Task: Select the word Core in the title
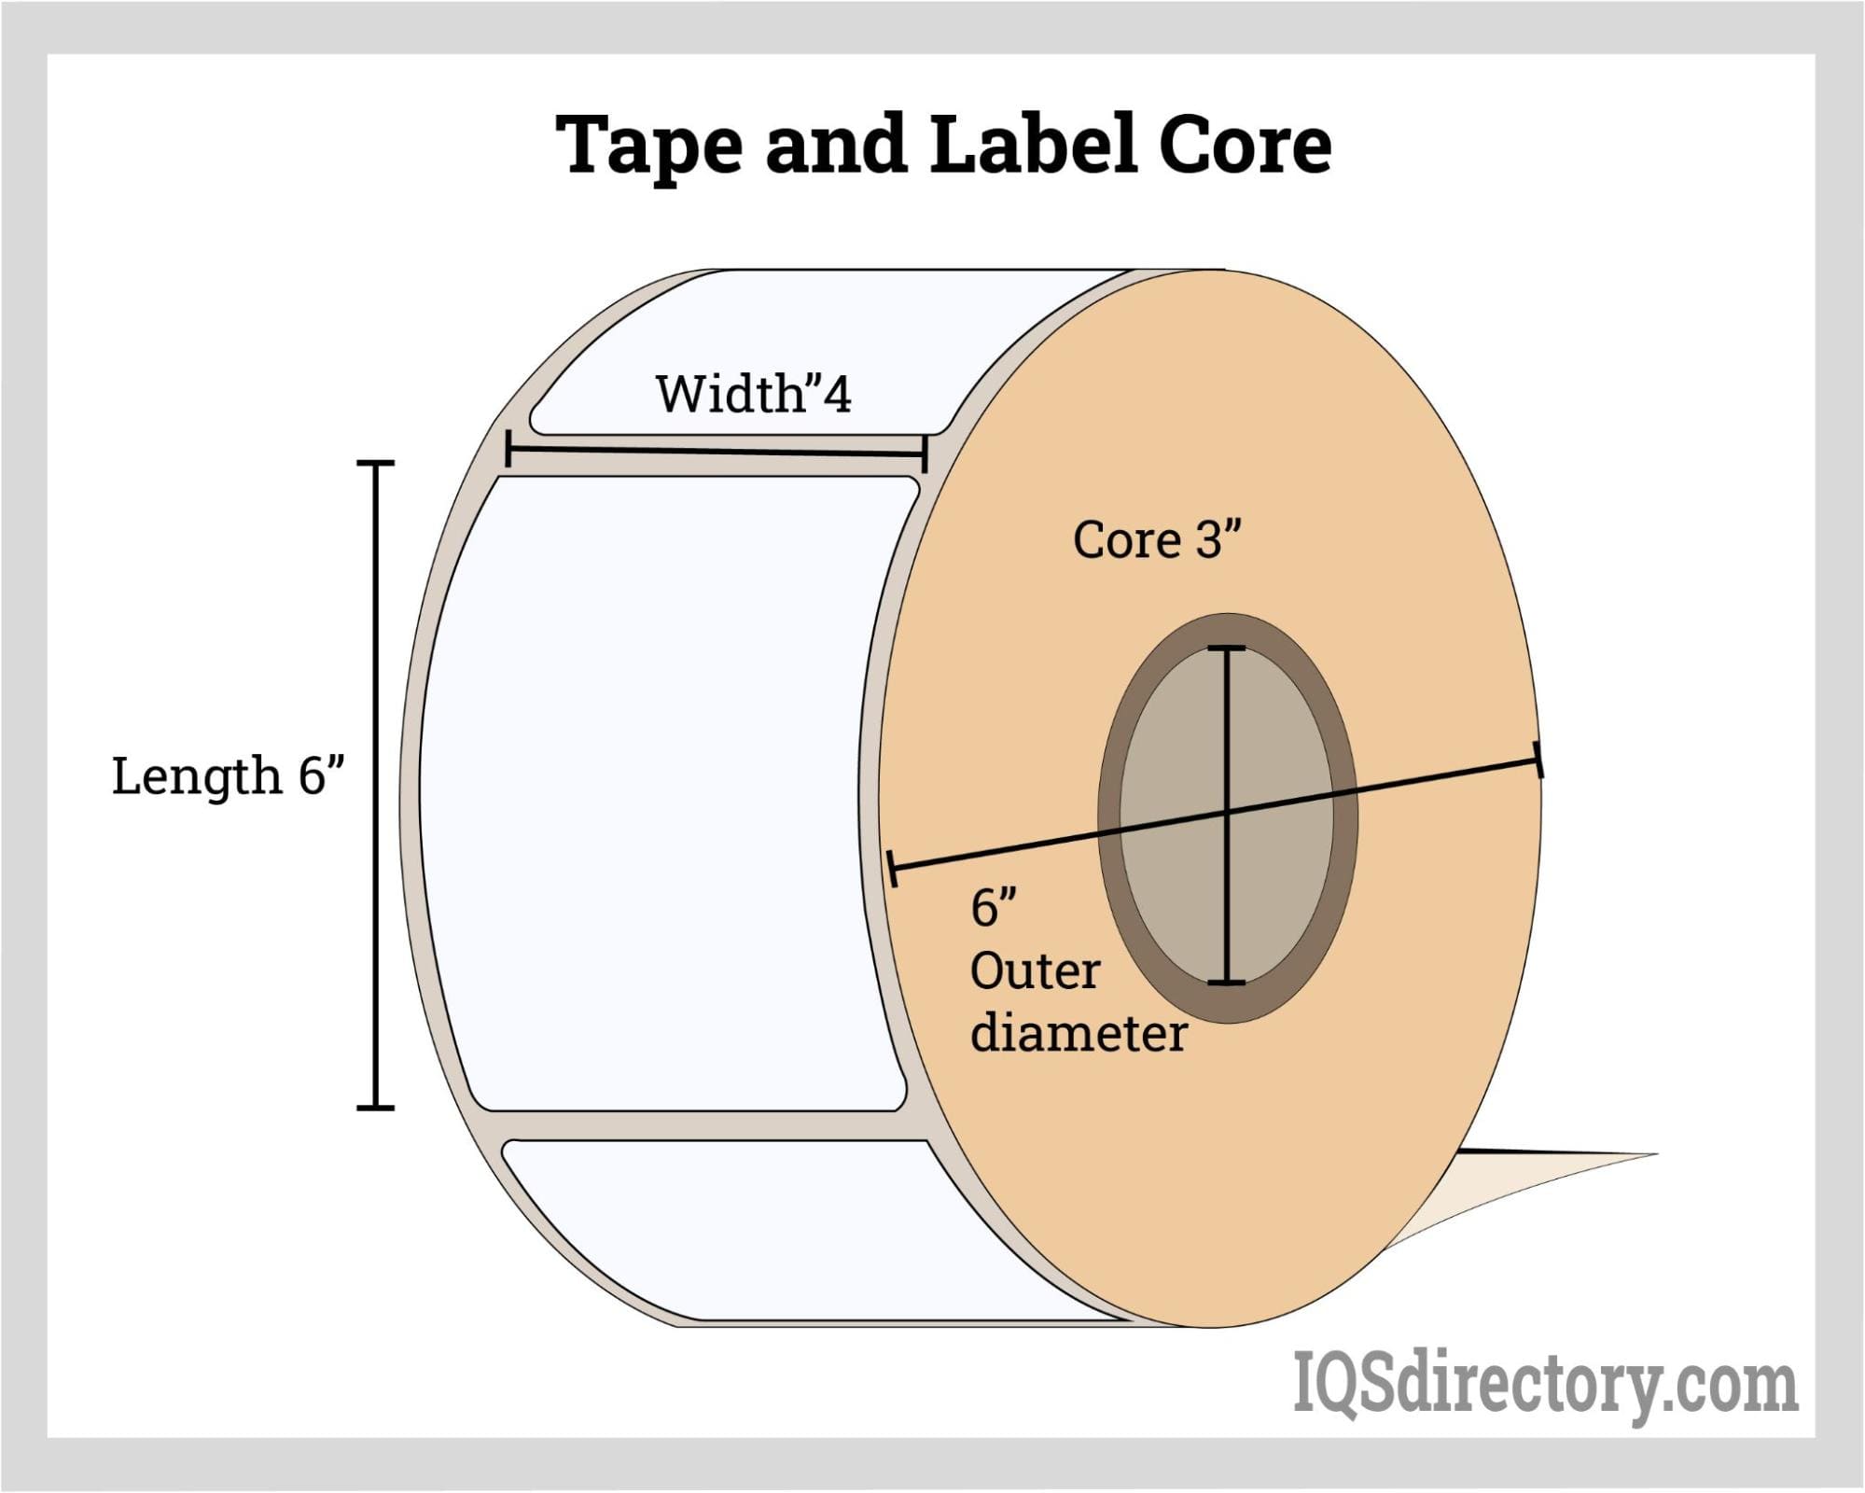[x=1245, y=146]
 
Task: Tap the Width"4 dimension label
[x=753, y=394]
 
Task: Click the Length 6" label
[x=229, y=775]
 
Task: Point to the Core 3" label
[x=1157, y=539]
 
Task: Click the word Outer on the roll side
[x=1035, y=971]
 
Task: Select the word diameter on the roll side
[x=1078, y=1033]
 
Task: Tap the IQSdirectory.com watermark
[x=1545, y=1387]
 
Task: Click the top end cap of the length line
[x=376, y=463]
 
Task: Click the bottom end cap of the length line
[x=376, y=1108]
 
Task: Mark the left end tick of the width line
[x=508, y=448]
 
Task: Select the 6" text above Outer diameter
[x=993, y=907]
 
